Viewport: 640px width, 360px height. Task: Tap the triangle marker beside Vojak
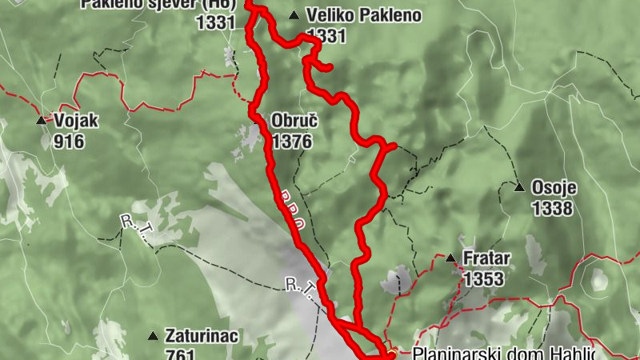coord(41,121)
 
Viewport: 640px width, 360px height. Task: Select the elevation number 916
coord(69,142)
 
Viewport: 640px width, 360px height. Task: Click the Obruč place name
coord(294,122)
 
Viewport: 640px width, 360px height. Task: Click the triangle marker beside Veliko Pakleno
coord(294,15)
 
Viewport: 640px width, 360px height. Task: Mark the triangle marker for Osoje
coord(519,188)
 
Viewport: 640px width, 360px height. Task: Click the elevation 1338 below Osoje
coord(552,209)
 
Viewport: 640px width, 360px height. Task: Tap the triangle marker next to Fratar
coord(450,258)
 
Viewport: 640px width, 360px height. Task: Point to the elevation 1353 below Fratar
coord(483,278)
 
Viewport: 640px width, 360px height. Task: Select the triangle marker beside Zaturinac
coord(153,336)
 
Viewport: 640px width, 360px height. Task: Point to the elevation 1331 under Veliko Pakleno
coord(326,35)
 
